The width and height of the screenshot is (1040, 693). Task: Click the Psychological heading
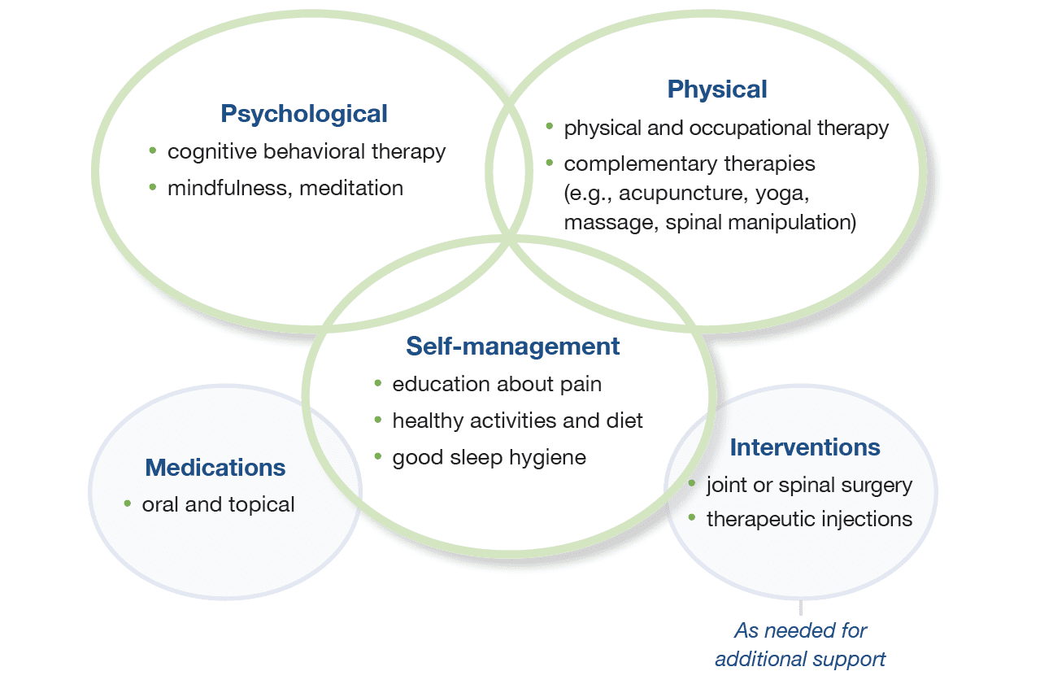point(303,114)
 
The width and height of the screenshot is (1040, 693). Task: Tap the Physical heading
point(717,89)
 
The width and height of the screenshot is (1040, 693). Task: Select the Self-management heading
point(512,346)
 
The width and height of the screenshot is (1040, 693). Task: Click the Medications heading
point(215,467)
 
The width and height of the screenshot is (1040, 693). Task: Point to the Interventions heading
point(805,447)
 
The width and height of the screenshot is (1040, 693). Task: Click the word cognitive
point(212,153)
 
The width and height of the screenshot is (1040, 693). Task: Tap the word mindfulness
point(230,189)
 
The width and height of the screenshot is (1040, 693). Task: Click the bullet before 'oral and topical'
point(128,503)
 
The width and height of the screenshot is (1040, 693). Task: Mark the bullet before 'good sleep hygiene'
point(378,456)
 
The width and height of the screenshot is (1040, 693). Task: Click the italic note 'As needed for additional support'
point(800,645)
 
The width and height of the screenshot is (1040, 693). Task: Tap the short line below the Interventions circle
point(801,608)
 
